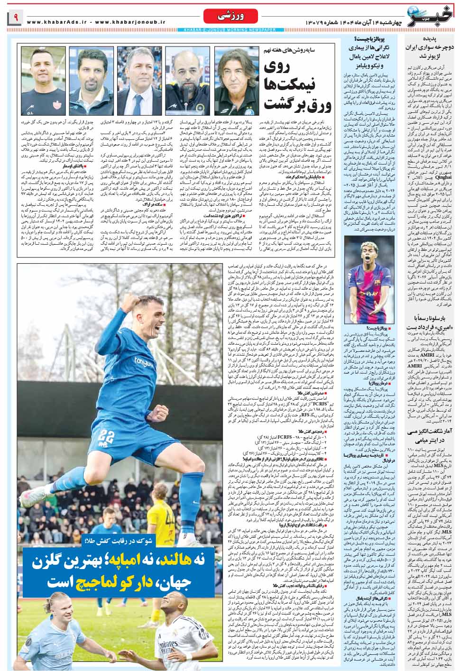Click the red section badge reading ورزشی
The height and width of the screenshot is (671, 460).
point(222,17)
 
